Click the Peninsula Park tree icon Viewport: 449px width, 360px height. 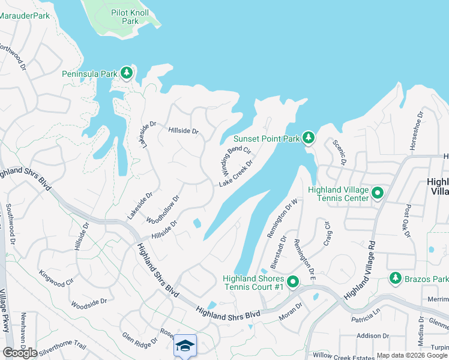[126, 73]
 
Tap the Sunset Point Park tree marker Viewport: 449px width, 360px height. [309, 139]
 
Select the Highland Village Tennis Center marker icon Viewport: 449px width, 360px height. [378, 194]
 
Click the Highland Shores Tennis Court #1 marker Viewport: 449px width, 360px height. [293, 281]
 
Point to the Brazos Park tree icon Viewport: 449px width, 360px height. [395, 278]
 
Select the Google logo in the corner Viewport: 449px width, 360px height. [19, 352]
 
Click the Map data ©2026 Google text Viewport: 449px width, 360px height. [411, 355]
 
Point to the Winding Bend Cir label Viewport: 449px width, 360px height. [234, 157]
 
